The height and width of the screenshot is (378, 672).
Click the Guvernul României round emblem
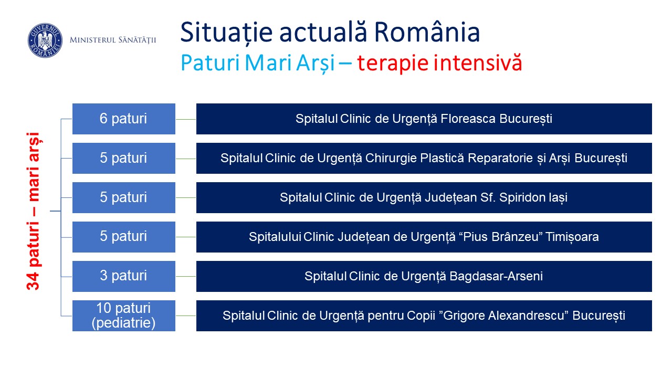click(45, 40)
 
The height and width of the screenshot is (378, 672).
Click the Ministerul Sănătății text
click(113, 40)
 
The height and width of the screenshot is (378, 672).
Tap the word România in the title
click(427, 32)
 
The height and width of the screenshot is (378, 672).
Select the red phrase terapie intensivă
click(439, 63)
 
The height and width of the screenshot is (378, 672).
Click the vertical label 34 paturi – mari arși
click(34, 211)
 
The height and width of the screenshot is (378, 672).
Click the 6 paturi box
click(123, 119)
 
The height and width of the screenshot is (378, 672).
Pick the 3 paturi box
click(123, 276)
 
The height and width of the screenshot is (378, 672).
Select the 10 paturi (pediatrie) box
click(123, 316)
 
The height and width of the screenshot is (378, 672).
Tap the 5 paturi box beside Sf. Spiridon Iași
click(123, 198)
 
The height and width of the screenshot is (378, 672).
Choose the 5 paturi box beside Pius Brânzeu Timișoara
click(123, 237)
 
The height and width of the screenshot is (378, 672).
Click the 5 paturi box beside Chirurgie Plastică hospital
click(123, 158)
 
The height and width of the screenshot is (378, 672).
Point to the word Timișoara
click(572, 237)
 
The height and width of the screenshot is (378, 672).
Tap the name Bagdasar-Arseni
click(496, 276)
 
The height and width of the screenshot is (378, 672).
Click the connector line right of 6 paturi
click(186, 119)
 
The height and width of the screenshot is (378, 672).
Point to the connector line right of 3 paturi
click(186, 276)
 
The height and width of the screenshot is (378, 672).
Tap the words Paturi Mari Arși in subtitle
click(257, 64)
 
